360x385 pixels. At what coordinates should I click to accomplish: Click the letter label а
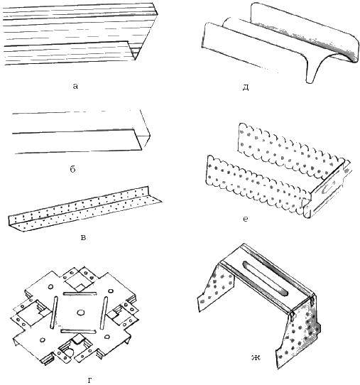tap(75, 86)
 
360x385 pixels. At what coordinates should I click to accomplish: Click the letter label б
tap(73, 169)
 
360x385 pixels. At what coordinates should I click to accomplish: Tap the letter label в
tap(83, 237)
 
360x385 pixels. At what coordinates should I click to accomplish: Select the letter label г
tap(90, 380)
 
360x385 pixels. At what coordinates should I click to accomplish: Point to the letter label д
tap(246, 87)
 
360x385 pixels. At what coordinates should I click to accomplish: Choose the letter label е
tap(245, 219)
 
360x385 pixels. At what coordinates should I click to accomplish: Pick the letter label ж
tap(256, 357)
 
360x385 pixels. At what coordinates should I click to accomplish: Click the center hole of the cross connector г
tap(80, 313)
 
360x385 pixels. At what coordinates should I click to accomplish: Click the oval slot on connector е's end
tap(328, 188)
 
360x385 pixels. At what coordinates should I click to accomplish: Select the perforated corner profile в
tap(84, 210)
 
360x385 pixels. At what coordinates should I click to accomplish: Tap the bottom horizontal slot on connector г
tap(77, 332)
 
